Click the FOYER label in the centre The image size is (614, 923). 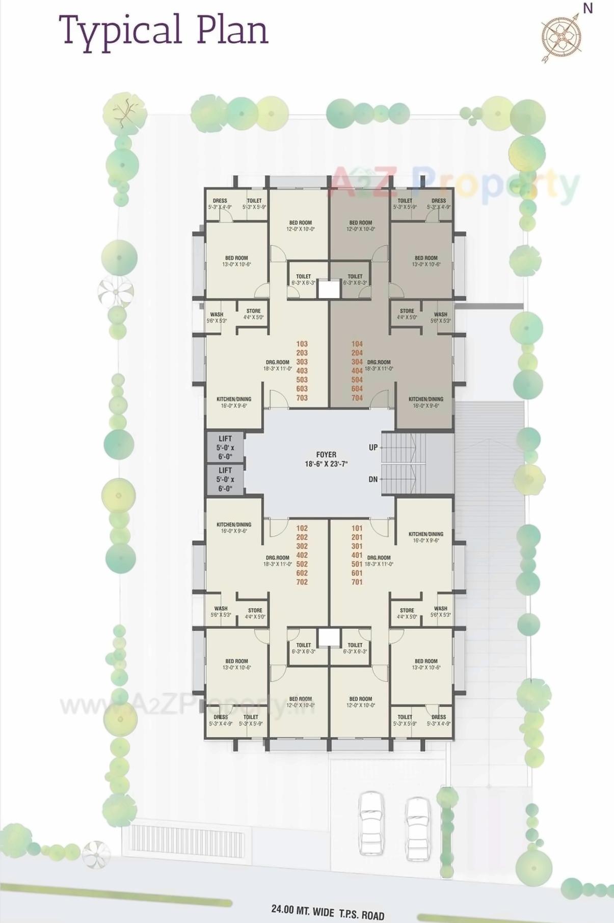tap(326, 454)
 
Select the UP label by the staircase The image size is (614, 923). tap(373, 447)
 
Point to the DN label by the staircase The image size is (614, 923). tap(373, 479)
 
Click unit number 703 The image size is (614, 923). tap(302, 398)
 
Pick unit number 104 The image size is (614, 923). tap(357, 344)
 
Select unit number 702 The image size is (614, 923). tap(302, 582)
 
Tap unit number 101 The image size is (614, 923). tap(357, 528)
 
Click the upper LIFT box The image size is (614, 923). tap(225, 447)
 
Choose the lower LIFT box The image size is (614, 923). tap(225, 479)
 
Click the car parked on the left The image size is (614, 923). tap(370, 822)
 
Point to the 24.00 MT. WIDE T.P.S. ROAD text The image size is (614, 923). tap(328, 911)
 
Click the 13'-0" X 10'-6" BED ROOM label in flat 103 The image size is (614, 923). tap(237, 261)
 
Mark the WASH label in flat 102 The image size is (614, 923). tap(221, 608)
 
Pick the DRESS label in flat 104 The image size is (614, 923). tap(439, 201)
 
